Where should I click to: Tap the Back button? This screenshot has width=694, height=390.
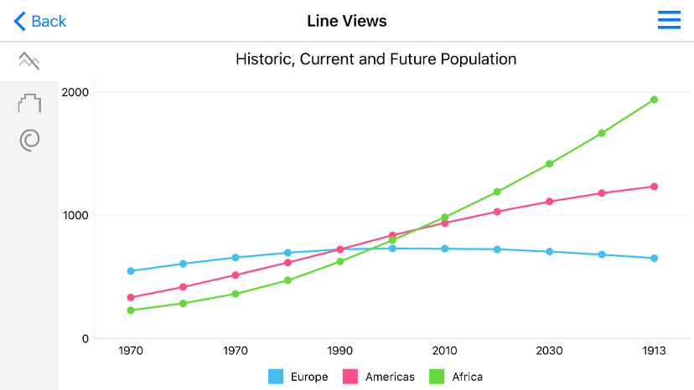tap(39, 21)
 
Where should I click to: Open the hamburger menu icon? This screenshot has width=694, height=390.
tap(669, 21)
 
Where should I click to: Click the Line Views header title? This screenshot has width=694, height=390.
tap(347, 21)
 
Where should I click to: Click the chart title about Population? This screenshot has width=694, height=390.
tap(375, 59)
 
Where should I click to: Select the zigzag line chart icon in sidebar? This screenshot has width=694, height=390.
tap(29, 60)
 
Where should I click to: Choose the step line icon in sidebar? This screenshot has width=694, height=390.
tap(29, 104)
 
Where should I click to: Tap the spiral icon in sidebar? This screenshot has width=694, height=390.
tap(29, 140)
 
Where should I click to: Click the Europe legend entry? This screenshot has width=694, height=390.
tap(298, 377)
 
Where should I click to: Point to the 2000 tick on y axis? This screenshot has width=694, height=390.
tap(76, 91)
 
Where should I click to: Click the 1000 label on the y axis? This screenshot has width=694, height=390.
tap(76, 215)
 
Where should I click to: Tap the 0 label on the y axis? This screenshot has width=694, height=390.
tap(85, 338)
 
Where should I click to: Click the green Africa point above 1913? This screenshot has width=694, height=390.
tap(654, 100)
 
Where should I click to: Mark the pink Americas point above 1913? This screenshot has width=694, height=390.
tap(654, 187)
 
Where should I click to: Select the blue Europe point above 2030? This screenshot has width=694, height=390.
tap(549, 251)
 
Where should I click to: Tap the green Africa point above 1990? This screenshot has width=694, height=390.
tap(339, 261)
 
